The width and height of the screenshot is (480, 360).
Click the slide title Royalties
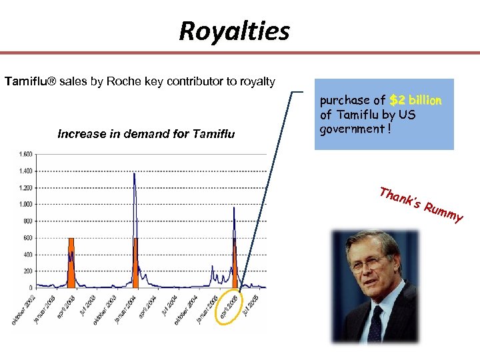234,31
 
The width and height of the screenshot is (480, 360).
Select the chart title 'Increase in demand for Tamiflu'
146,134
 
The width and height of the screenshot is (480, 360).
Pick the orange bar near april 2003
71,263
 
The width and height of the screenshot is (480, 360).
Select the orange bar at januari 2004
135,263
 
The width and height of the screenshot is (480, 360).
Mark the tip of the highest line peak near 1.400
135,173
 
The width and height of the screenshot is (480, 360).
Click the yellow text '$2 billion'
415,101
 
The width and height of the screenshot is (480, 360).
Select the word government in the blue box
349,129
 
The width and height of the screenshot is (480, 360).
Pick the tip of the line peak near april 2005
234,207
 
